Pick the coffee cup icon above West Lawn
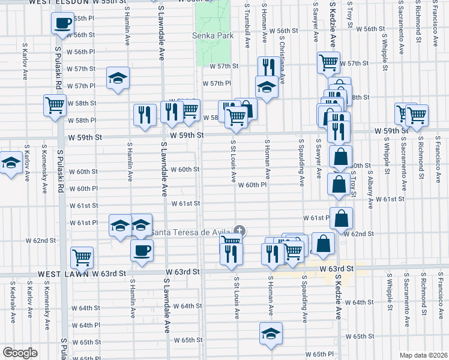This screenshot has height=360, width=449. [x=142, y=250]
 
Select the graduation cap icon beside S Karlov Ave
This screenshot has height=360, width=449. [x=10, y=163]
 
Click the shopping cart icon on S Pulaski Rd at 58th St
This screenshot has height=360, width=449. [x=55, y=105]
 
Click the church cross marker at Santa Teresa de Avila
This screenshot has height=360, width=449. [x=240, y=230]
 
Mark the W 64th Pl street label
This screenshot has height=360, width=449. [x=89, y=325]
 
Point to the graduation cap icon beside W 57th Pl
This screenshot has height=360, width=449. [x=118, y=77]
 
